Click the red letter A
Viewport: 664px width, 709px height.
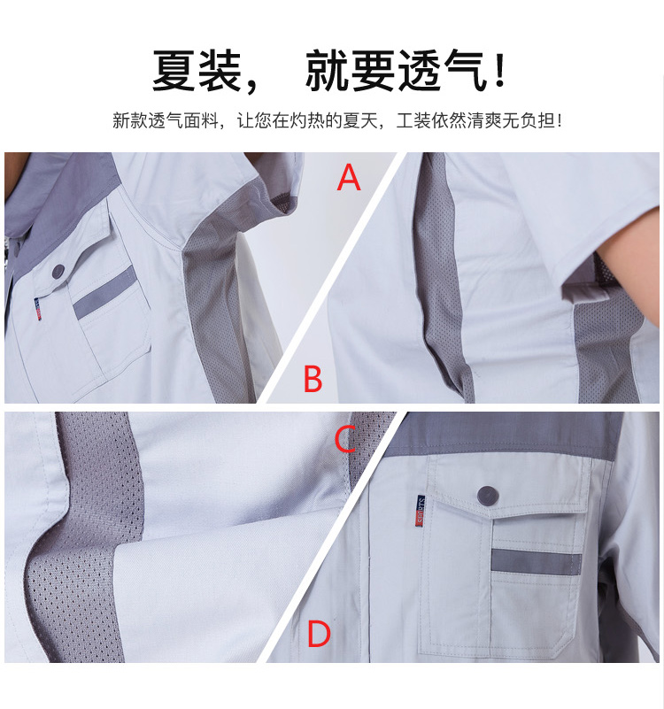pos(349,177)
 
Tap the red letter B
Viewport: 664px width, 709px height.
pos(313,378)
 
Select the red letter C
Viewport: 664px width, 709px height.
pos(345,440)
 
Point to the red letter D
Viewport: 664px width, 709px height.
pos(319,634)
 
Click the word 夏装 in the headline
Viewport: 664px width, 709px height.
pos(197,71)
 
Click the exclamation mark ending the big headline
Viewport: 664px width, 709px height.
pos(500,71)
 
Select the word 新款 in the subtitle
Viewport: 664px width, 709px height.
pos(130,120)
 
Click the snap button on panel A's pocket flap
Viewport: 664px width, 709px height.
pos(58,272)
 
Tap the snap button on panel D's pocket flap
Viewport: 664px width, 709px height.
pos(488,496)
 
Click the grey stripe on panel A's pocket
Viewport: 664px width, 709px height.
pos(104,292)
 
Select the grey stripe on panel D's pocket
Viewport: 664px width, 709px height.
pos(536,562)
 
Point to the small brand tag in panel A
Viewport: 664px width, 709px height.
pos(38,309)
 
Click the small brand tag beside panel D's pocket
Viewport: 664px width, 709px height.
pos(421,511)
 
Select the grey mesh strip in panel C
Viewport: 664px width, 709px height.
pos(86,538)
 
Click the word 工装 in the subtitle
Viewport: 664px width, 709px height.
pos(413,120)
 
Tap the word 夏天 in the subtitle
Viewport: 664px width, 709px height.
pos(360,120)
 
